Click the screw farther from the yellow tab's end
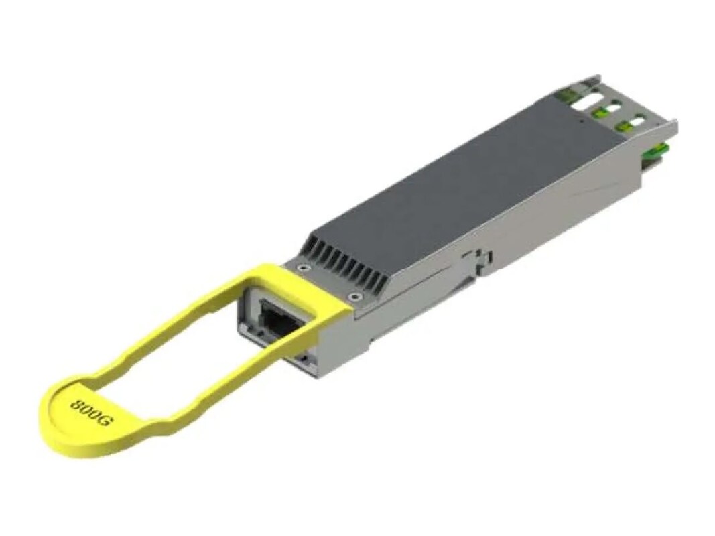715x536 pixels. point(354,297)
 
